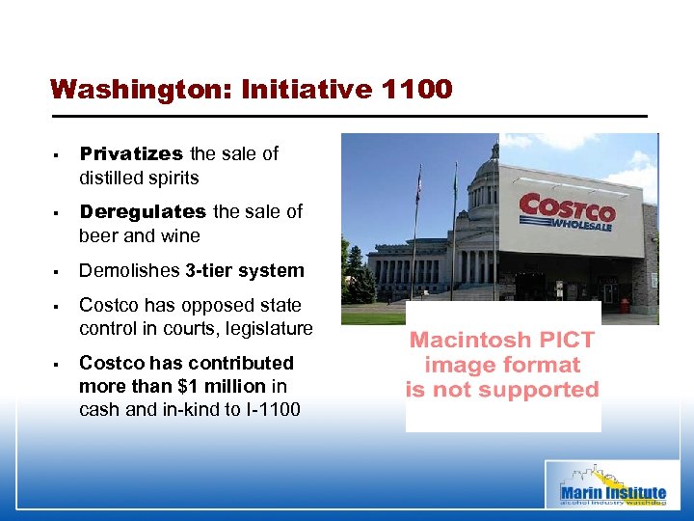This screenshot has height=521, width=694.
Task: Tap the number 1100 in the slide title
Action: coord(416,90)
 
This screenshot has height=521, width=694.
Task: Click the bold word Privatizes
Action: coord(131,153)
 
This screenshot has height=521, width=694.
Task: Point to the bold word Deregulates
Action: coord(143,211)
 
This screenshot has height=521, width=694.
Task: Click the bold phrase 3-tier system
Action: coord(245,270)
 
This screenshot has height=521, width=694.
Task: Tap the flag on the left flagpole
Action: coord(417,186)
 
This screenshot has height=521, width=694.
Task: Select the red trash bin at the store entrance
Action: coord(625,305)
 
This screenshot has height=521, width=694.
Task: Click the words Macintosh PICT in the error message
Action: coord(502,340)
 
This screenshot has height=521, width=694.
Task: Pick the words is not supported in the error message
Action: coord(502,390)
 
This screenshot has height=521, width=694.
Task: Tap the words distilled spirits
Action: coord(139,178)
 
